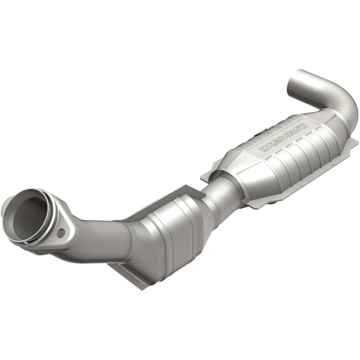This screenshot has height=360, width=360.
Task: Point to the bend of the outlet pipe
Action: tap(345, 100)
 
